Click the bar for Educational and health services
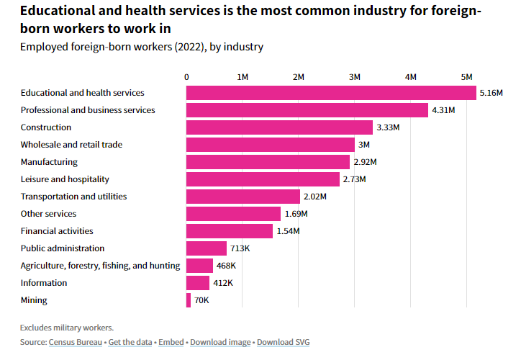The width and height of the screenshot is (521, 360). pos(331,93)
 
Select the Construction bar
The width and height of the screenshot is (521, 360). pos(279,127)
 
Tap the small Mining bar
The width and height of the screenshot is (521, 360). pos(189,300)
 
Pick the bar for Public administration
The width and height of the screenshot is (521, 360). pos(207,248)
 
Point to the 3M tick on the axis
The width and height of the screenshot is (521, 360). pos(355,76)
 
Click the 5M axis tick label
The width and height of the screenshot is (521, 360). pos(466,76)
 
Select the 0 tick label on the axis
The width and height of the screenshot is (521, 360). pos(187,76)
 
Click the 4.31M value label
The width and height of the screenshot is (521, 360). pos(443,110)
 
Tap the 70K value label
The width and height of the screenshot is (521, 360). pos(201,300)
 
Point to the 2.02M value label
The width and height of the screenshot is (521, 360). pos(314,197)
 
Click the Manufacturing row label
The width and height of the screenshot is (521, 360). pos(49,162)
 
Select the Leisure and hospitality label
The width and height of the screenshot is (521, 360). pos(65,179)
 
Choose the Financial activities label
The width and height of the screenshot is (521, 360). pos(57,231)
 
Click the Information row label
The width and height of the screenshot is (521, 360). pos(44,283)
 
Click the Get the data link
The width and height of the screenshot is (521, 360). pos(130,342)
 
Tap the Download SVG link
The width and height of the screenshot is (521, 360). pos(283,342)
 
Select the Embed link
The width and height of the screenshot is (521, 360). pos(171,342)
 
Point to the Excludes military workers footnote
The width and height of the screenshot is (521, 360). pos(67,328)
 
